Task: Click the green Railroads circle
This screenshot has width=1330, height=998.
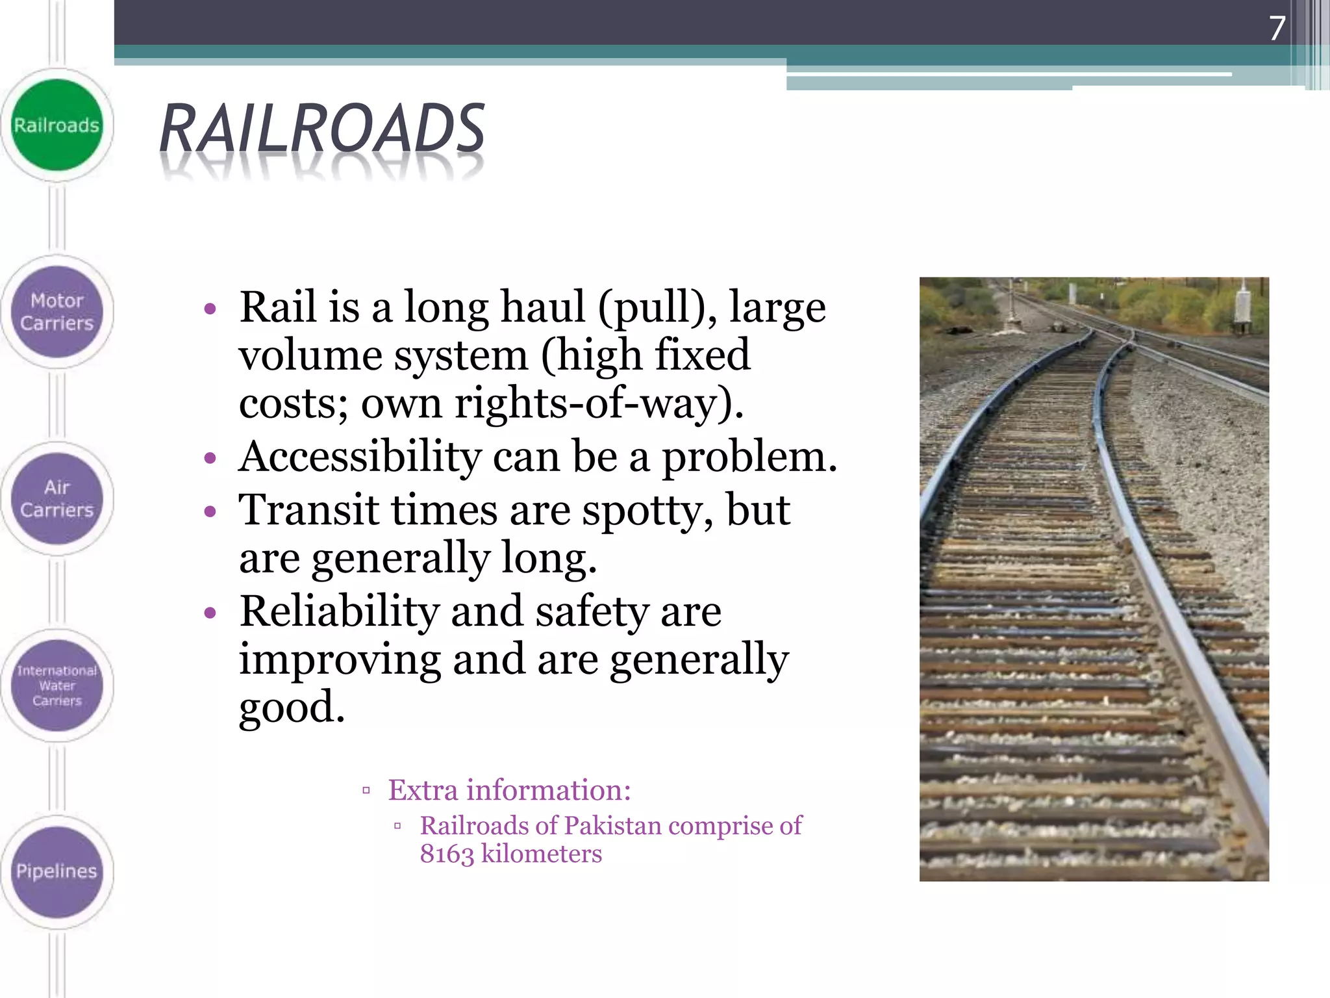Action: tap(57, 125)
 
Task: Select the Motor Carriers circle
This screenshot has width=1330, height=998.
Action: tap(57, 312)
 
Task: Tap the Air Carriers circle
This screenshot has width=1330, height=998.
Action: tap(57, 498)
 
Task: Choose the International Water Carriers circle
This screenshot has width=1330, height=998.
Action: tap(57, 685)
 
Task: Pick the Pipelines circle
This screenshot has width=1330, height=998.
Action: tap(57, 871)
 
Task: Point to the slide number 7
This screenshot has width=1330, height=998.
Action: tap(1277, 28)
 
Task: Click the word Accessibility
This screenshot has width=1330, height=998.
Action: tap(360, 457)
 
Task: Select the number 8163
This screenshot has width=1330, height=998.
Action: tap(447, 854)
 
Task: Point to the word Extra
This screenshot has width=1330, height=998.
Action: tap(423, 790)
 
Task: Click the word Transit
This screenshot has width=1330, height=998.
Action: tap(308, 510)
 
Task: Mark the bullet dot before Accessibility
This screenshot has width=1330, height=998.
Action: tap(209, 458)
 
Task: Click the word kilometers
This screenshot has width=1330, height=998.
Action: tap(542, 854)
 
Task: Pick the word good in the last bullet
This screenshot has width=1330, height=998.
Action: tap(292, 707)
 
